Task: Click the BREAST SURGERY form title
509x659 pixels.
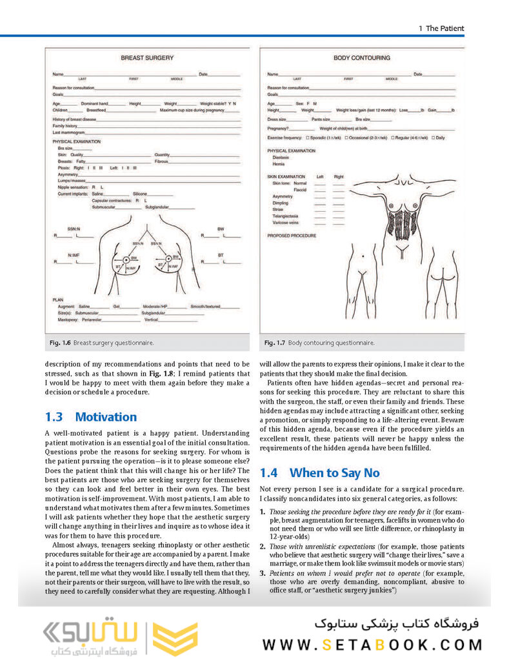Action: (x=147, y=58)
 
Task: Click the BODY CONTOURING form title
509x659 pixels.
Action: (x=361, y=58)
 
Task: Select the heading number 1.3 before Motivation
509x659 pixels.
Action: (x=55, y=417)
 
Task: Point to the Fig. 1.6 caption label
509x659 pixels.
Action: (x=58, y=343)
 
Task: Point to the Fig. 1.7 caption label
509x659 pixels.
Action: (x=274, y=343)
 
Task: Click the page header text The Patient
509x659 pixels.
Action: (x=444, y=28)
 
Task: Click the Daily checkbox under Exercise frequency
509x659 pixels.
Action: (x=434, y=137)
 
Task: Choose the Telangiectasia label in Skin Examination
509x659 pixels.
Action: (x=287, y=216)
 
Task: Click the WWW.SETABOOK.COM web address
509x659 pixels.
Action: (x=372, y=644)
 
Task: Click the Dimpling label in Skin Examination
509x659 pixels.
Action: (x=281, y=203)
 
